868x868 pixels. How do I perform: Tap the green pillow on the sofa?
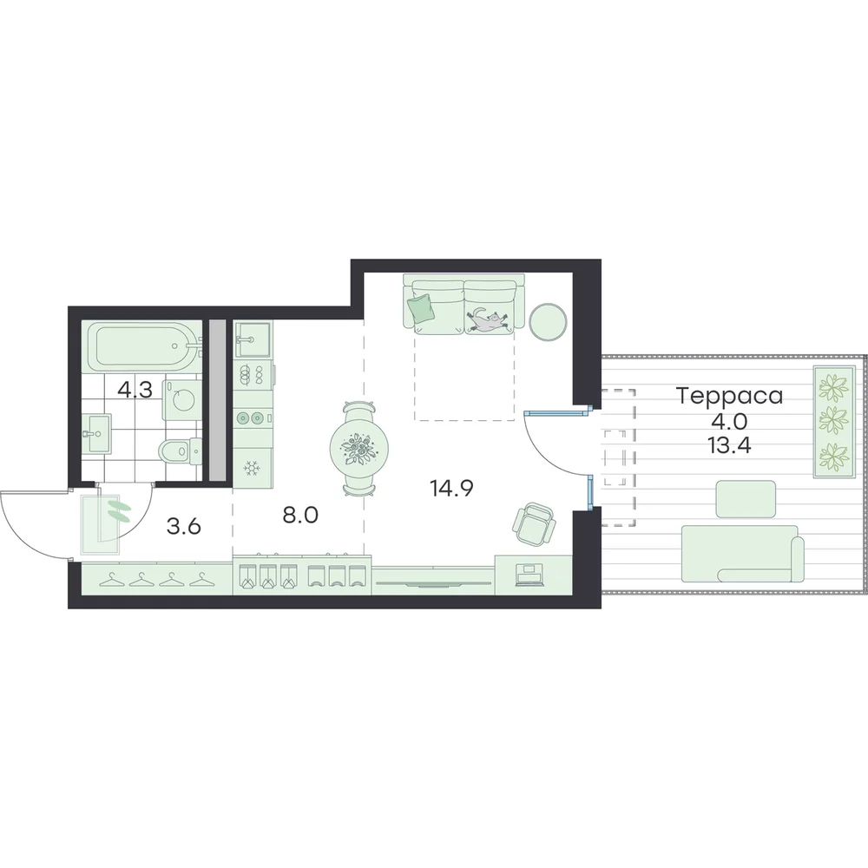click(x=420, y=308)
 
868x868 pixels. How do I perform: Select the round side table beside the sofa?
click(x=548, y=320)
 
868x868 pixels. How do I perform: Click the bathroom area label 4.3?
click(x=135, y=391)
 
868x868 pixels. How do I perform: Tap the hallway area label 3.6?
click(x=184, y=527)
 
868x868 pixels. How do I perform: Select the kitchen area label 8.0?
click(x=300, y=515)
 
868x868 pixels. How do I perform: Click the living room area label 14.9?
click(x=451, y=488)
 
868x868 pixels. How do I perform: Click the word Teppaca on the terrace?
click(x=730, y=397)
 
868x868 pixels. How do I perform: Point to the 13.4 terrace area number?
click(x=730, y=444)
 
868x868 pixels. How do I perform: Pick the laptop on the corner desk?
click(x=528, y=575)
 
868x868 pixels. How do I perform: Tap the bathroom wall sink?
click(x=96, y=433)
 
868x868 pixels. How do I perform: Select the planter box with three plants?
click(x=832, y=421)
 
